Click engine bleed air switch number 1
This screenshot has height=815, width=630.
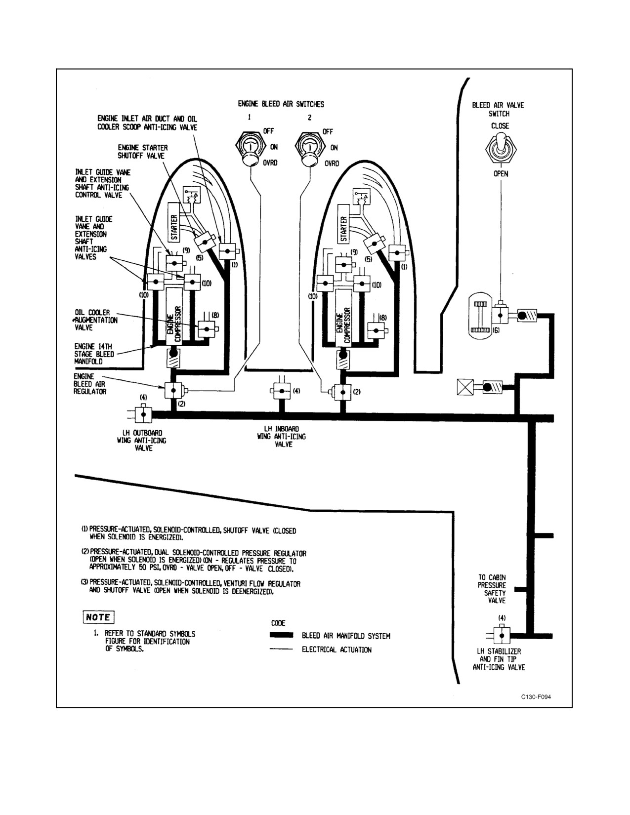(x=249, y=149)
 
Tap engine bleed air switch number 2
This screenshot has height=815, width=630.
(x=309, y=149)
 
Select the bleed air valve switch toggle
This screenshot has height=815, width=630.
(x=501, y=148)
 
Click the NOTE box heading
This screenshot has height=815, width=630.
(x=98, y=617)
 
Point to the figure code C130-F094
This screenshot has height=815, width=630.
(x=536, y=697)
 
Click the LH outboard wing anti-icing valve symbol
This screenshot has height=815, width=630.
(x=143, y=415)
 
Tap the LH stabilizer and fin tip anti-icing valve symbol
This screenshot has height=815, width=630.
(x=502, y=636)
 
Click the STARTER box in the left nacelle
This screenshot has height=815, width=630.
(x=174, y=222)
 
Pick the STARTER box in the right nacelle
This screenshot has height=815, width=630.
(x=344, y=224)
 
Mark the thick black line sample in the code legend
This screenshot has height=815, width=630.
(x=282, y=635)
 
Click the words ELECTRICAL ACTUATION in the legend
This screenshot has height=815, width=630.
(x=336, y=650)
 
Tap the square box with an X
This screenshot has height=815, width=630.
(x=465, y=387)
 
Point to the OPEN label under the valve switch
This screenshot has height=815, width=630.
(x=501, y=174)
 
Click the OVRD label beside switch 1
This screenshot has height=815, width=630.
(x=270, y=163)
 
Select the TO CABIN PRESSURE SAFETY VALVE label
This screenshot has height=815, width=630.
(x=492, y=589)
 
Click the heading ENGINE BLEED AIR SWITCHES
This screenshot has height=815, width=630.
(x=281, y=104)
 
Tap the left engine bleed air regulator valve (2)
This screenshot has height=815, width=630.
(x=173, y=390)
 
